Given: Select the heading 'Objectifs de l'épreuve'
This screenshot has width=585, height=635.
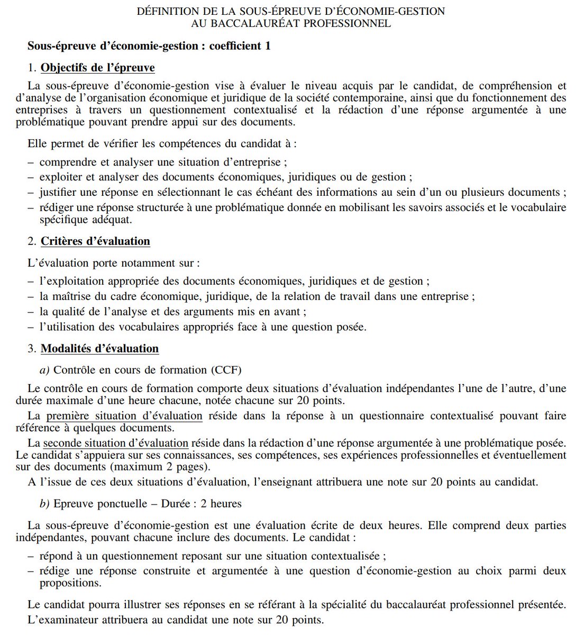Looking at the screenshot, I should click(x=98, y=68).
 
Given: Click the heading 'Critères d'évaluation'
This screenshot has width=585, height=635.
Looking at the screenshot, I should click(x=95, y=241).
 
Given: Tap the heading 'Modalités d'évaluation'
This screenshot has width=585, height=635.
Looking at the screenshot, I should click(x=99, y=349).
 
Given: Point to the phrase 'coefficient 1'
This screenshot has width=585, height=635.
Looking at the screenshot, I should click(x=240, y=46).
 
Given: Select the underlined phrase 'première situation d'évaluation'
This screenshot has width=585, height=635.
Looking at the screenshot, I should click(x=124, y=416).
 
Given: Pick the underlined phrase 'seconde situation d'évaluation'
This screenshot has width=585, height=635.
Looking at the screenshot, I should click(x=115, y=443).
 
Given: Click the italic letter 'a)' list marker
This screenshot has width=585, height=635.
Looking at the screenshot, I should click(x=44, y=369).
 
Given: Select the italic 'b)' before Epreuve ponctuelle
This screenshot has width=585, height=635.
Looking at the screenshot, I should click(x=44, y=503).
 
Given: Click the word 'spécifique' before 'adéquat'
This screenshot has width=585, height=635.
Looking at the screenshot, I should click(x=63, y=219).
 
